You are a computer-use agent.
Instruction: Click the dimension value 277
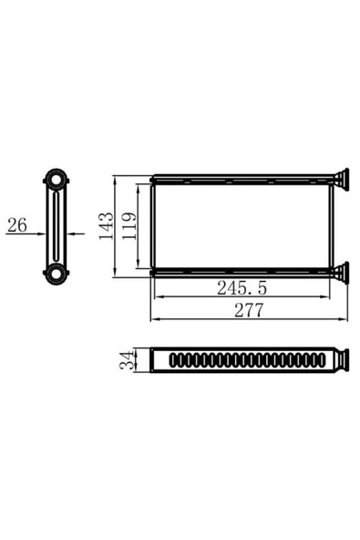247,310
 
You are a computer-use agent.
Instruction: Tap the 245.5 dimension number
242,287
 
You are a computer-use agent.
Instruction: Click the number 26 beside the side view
16,224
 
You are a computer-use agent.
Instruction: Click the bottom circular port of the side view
58,271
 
